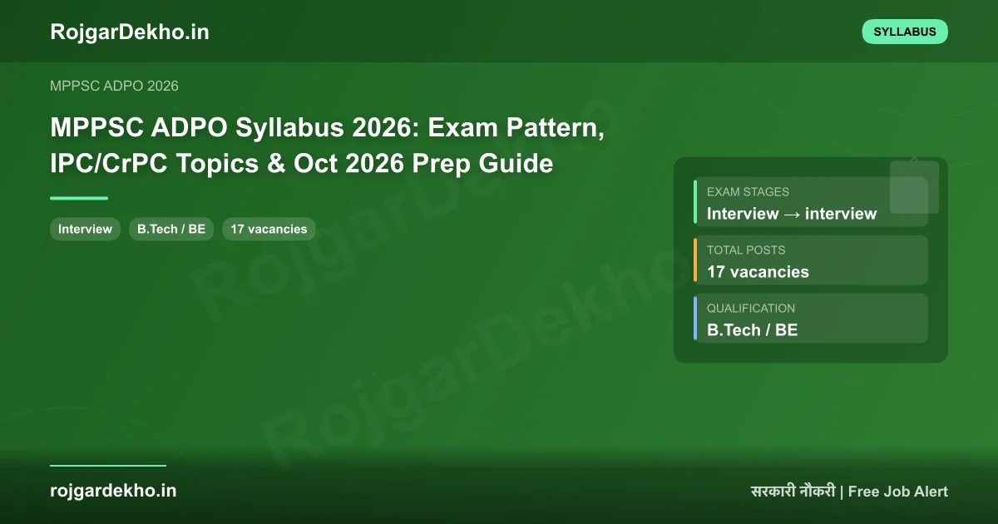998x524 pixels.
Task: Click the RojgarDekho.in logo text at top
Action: coord(130,32)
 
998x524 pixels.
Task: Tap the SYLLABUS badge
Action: coord(905,32)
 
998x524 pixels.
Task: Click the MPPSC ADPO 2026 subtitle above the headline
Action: coord(114,86)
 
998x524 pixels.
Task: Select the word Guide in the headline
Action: coord(521,164)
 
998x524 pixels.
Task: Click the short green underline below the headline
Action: coord(79,198)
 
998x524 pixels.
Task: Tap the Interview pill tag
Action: coord(85,229)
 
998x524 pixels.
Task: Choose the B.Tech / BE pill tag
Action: coord(171,229)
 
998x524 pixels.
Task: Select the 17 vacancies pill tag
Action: coord(269,229)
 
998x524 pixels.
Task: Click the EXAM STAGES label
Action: coord(748,192)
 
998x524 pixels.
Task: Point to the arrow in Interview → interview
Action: coord(792,214)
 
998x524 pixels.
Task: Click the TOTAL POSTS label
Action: coord(746,250)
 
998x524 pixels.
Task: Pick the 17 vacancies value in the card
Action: coord(758,272)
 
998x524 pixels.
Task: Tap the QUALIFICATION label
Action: coord(751,309)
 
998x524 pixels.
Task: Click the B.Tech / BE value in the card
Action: coord(752,330)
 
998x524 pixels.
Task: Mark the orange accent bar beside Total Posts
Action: coord(695,260)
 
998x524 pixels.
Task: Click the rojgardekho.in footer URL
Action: coord(113,491)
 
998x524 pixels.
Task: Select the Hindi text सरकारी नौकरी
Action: coord(792,492)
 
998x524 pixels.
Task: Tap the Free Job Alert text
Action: coord(897,492)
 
